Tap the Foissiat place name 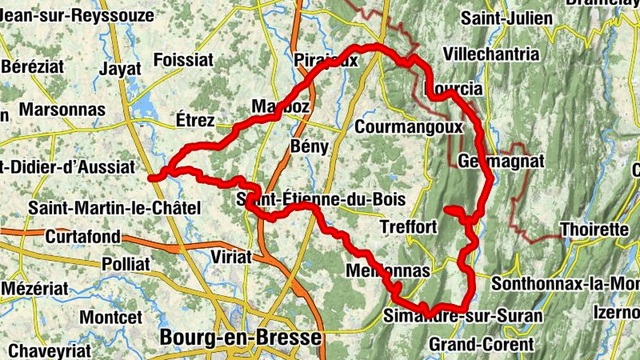(x=183, y=60)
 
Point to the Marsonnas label (x=62, y=109)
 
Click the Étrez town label (x=194, y=121)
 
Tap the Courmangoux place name (x=409, y=126)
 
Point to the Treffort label (x=410, y=227)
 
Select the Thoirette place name (x=594, y=230)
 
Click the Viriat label (x=230, y=257)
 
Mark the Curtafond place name (x=82, y=237)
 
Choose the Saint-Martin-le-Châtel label (x=114, y=208)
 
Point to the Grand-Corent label (x=481, y=345)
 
